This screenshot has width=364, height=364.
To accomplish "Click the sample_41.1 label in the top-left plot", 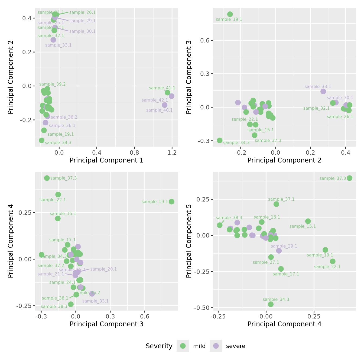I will point(162,88).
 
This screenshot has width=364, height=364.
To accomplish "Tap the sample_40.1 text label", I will point(159,110).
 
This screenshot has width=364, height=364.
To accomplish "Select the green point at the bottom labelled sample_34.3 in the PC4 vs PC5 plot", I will point(271,304).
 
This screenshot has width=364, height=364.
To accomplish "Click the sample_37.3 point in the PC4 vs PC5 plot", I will point(349,178).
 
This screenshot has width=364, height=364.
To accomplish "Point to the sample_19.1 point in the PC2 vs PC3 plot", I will point(230,14).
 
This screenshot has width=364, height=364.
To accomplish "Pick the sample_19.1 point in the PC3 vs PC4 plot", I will point(171,201).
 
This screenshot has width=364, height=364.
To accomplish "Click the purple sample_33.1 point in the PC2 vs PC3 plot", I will point(323,91).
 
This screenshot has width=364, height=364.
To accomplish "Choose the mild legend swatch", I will point(183,346).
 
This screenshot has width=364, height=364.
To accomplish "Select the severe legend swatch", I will point(216,346).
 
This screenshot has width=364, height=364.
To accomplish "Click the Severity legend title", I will point(159,346).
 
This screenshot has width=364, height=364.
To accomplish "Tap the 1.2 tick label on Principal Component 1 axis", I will point(172,152).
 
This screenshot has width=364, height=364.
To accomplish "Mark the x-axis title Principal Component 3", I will point(106,324).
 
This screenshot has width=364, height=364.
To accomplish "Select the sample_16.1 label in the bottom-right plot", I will point(267,217).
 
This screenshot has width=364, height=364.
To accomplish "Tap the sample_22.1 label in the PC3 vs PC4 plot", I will point(53,200).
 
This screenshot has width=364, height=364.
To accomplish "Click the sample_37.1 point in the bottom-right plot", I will point(276,204).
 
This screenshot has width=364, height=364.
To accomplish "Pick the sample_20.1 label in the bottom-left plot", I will point(103,269).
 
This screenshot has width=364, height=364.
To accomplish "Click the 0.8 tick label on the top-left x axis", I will point(134,152).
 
